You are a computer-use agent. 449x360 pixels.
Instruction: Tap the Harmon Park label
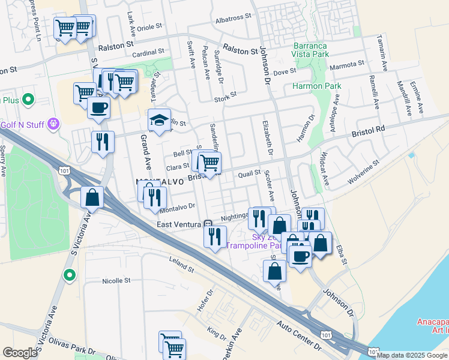tap(316, 86)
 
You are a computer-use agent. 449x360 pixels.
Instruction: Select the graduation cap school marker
tap(160, 120)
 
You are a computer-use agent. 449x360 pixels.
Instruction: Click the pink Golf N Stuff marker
tap(54, 123)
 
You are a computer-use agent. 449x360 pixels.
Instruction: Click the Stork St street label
tap(226, 94)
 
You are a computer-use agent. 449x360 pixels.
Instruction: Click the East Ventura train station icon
tap(208, 224)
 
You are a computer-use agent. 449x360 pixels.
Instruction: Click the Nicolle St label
tap(116, 280)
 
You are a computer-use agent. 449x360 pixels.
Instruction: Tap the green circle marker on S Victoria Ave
tap(70, 275)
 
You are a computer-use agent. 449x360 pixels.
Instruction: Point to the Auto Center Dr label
tap(299, 335)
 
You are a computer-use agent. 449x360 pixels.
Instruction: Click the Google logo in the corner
tap(20, 352)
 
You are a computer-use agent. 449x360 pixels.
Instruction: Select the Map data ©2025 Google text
tap(411, 355)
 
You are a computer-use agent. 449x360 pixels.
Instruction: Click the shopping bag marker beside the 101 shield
tap(92, 197)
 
